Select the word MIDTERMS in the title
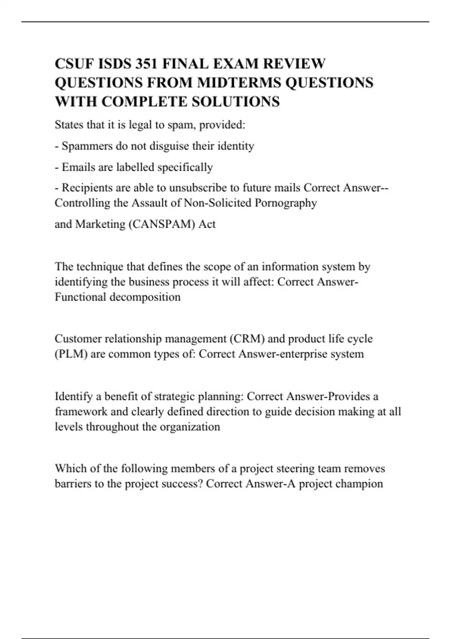(x=239, y=83)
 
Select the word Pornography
(x=286, y=203)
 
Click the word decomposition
(x=145, y=297)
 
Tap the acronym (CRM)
(x=247, y=339)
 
